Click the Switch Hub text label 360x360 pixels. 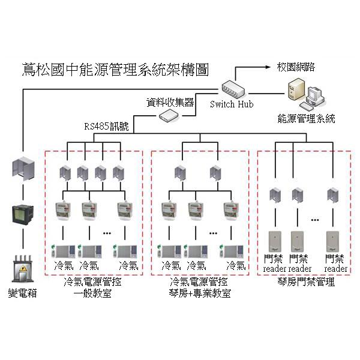tap(231, 104)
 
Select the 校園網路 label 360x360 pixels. tap(295, 67)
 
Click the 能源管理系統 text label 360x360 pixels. tap(306, 118)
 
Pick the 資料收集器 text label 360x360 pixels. tap(170, 102)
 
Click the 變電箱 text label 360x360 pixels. tap(22, 292)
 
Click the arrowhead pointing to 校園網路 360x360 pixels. tap(272, 67)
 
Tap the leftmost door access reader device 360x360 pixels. tap(275, 241)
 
